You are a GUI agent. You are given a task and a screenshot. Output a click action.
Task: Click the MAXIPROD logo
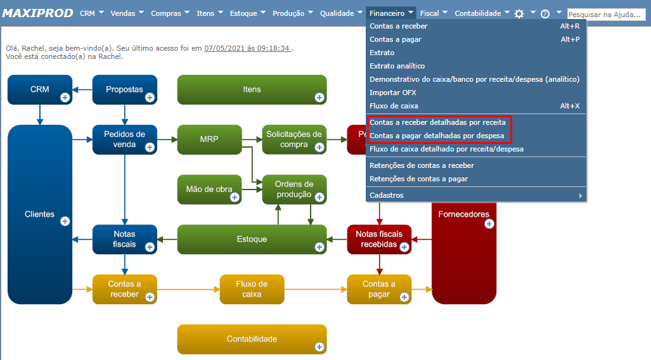pos(38,13)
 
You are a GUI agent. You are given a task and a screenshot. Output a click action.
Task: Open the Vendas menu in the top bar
pos(127,13)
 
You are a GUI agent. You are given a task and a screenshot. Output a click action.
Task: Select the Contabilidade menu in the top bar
pos(482,13)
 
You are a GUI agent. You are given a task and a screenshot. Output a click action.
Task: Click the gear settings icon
pos(519,13)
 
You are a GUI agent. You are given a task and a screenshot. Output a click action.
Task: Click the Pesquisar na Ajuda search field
pos(605,14)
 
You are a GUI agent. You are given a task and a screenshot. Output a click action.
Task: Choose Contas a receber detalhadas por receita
pos(437,122)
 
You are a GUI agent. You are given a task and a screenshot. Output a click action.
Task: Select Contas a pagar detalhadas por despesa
pos(437,136)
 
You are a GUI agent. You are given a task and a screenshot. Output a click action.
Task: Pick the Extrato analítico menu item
pos(397,66)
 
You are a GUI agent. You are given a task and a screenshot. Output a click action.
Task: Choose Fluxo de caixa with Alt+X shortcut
pos(394,106)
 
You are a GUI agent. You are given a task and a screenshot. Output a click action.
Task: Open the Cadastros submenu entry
pos(387,195)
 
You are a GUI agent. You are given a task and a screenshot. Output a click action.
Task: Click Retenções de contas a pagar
pos(418,179)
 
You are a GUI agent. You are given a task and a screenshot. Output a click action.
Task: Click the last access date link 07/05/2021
pos(247,48)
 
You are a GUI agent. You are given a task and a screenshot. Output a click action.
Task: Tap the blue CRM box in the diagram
pos(39,89)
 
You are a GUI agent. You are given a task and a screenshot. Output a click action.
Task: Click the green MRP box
pos(209,139)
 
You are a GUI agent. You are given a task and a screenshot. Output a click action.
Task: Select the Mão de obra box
pos(209,189)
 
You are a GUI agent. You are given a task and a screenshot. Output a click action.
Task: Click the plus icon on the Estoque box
pos(319,247)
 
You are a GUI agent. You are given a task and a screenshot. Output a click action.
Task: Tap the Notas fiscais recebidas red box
pos(379,239)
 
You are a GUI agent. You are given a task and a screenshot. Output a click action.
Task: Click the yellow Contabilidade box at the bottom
pos(252,339)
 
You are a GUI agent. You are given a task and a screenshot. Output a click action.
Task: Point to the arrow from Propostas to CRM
pos(82,89)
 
